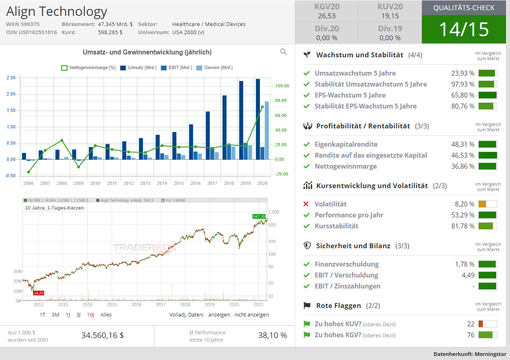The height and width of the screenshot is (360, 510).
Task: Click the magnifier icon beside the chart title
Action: tap(283, 52)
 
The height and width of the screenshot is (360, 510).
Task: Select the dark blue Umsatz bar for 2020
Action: tap(258, 119)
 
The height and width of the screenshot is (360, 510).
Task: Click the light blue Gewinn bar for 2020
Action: tap(267, 130)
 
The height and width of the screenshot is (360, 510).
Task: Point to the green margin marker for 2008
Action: tap(62, 141)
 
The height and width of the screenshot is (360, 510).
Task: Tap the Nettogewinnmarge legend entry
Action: tap(89, 68)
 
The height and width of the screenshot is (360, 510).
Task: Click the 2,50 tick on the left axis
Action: tap(11, 78)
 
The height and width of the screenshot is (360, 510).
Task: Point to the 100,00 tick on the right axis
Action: tap(282, 86)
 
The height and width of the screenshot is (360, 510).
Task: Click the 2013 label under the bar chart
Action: tap(145, 183)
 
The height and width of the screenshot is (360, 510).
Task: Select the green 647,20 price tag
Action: tap(259, 216)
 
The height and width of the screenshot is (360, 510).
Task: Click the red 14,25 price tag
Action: tap(39, 293)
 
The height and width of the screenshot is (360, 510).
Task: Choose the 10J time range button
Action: tap(91, 314)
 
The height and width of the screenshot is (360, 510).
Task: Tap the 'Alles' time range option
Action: tap(106, 314)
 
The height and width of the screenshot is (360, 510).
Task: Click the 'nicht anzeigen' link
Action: tap(251, 314)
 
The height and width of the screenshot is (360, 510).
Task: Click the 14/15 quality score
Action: tap(464, 29)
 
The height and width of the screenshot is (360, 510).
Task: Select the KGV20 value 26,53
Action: tap(326, 16)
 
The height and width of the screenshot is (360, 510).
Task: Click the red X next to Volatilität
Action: tap(306, 204)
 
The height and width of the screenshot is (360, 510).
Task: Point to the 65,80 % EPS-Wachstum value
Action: tap(462, 95)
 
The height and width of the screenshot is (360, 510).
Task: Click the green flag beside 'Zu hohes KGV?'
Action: tap(307, 335)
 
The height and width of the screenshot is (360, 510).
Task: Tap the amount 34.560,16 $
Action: tap(102, 335)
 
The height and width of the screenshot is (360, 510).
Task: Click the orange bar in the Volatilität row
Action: tap(482, 204)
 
